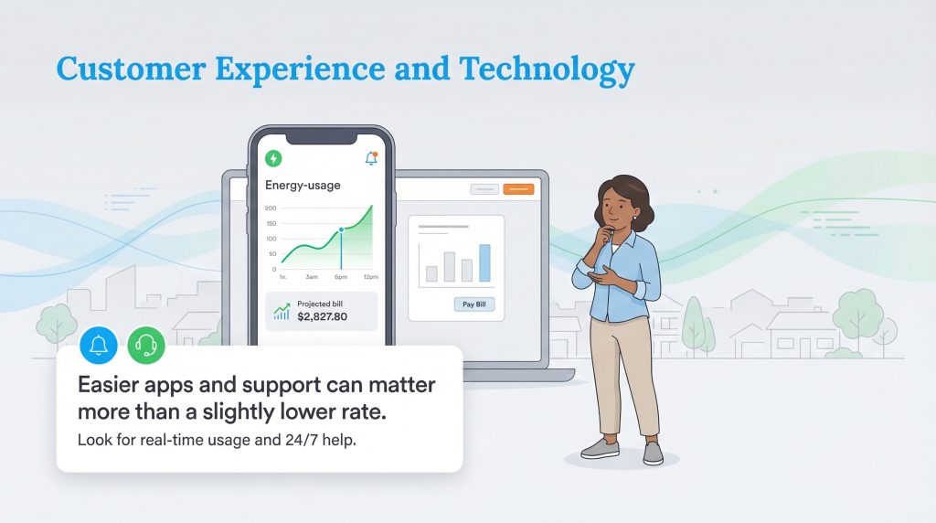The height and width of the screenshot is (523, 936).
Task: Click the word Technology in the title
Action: pos(547,70)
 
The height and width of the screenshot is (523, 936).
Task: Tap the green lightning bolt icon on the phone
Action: pos(273,158)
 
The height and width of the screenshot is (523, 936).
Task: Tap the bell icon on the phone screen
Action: pos(371,158)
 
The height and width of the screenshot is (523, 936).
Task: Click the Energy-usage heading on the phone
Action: pos(303,186)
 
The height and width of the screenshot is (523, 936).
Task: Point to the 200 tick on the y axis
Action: pos(271,208)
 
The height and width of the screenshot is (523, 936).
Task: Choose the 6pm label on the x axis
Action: pos(341,276)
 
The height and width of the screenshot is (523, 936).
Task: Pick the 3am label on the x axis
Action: pos(312,276)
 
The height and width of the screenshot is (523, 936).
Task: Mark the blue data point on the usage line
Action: pos(341,230)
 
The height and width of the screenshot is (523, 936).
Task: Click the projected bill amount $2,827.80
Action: pos(323,316)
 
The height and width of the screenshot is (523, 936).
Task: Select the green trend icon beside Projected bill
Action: pos(282,311)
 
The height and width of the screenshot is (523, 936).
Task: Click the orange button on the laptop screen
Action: pos(517,189)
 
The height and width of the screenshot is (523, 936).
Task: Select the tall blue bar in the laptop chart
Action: pos(484,262)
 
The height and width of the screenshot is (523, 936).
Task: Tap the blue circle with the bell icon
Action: pos(99,345)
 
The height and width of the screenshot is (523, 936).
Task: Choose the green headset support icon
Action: pos(146,345)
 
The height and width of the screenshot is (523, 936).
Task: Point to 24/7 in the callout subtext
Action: pos(281,441)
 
